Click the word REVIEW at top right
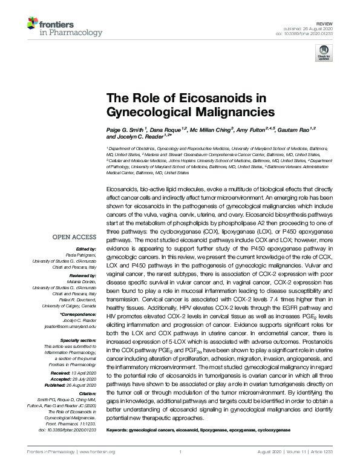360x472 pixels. (326, 21)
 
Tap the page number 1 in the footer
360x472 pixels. (180, 452)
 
